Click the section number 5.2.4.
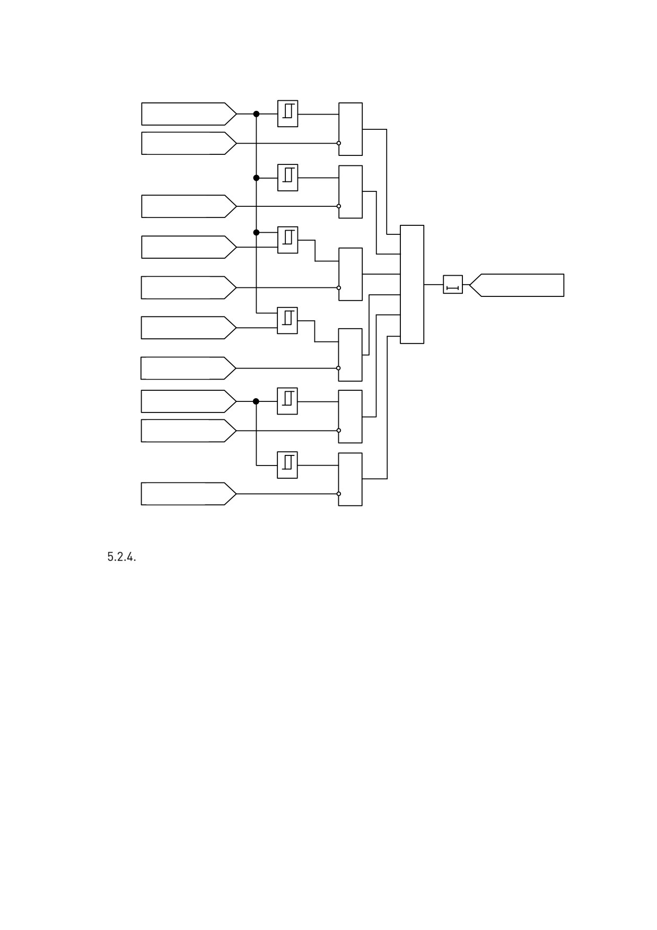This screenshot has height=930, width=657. point(121,557)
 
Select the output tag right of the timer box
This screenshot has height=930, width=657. point(516,285)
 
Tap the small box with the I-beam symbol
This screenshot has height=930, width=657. point(453,285)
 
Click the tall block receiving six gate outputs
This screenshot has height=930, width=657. point(412,284)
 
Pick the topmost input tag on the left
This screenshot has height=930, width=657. point(189,114)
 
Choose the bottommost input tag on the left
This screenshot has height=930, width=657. point(188,494)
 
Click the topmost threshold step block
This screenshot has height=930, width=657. point(288,113)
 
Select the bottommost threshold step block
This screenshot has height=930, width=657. point(287,465)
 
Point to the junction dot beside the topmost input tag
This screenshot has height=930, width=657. point(257,114)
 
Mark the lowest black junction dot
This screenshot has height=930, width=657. point(256,401)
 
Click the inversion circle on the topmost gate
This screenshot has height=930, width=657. point(339,143)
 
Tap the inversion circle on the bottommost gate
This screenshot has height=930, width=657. point(339,494)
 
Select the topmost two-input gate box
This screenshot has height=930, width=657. point(351,129)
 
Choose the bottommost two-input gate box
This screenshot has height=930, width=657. point(351,479)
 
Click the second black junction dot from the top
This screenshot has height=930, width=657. point(257,178)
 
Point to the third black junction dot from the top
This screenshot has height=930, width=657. point(257,232)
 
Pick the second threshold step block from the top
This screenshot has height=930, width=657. point(288,178)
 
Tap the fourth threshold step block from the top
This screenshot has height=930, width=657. point(287,320)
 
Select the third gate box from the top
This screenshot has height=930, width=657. point(351,274)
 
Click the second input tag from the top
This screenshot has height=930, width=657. point(189,143)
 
